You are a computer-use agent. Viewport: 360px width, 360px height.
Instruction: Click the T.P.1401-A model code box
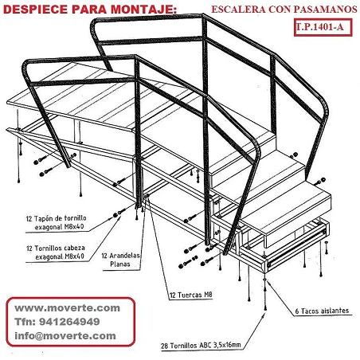323,27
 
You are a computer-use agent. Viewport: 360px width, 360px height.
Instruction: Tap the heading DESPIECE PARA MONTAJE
90,10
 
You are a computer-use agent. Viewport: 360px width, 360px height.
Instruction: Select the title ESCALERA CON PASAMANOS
284,10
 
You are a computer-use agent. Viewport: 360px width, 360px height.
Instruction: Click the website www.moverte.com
68,308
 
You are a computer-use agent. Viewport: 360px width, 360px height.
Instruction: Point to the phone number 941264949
69,322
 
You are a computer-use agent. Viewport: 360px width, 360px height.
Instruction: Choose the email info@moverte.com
65,335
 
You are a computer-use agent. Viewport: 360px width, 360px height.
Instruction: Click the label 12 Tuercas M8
191,295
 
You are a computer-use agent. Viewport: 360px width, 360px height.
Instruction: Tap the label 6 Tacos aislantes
322,311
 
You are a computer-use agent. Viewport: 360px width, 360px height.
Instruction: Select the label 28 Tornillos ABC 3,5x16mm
201,346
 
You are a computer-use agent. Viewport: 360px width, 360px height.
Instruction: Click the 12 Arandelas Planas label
120,260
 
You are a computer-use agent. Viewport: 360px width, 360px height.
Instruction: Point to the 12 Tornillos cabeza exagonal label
56,252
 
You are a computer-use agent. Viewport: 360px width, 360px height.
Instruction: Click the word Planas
120,264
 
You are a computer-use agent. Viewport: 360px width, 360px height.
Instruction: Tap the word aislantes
335,311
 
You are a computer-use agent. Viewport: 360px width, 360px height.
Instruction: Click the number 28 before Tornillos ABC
164,346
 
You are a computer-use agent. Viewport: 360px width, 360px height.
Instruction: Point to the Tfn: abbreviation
25,322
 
